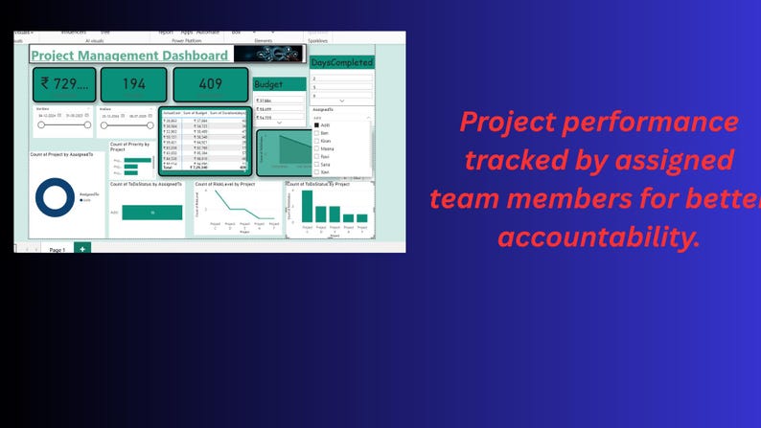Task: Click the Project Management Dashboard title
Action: click(129, 56)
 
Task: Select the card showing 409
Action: click(211, 84)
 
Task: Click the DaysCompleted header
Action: click(341, 62)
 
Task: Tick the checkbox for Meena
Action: click(315, 148)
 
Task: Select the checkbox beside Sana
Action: click(315, 164)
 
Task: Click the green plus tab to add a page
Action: click(82, 248)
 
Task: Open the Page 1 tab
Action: click(57, 249)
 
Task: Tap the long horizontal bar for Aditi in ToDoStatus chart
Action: click(151, 212)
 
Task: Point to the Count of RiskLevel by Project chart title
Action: click(225, 183)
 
